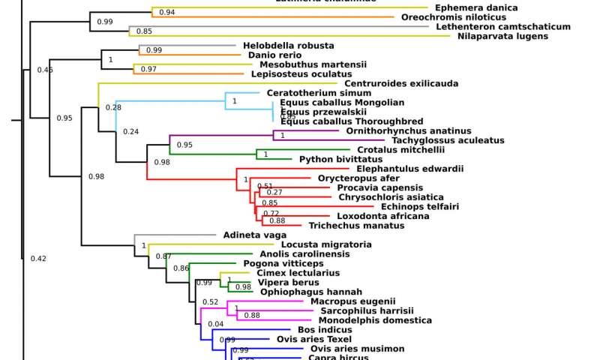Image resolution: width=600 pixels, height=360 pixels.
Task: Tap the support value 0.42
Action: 38,259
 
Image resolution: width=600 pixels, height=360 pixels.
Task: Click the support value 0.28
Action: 113,107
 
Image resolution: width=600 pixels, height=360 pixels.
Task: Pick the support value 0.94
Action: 167,13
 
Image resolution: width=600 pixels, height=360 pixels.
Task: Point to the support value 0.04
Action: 214,324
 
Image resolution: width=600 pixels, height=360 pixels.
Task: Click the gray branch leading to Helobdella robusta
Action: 187,45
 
